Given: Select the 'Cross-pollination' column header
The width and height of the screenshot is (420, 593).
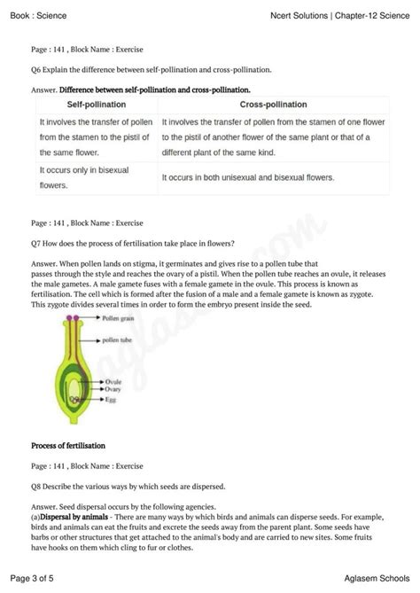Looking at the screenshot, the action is (247, 105).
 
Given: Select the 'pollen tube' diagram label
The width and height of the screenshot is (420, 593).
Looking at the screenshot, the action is (116, 339).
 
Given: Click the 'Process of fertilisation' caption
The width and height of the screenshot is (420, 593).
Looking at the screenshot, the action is (68, 445).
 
